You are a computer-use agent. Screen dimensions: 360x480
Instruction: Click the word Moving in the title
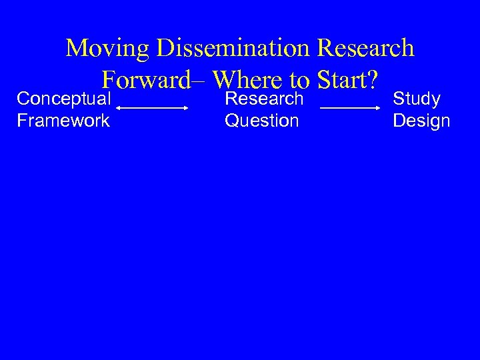pos(108,48)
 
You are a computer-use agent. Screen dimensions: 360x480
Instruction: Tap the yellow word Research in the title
pos(366,48)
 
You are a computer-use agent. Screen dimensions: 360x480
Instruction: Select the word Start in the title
pos(343,80)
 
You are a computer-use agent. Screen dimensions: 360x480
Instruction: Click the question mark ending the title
pos(374,80)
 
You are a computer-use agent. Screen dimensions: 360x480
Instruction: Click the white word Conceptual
pos(64,99)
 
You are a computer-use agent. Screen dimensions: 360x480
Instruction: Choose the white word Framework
pos(64,121)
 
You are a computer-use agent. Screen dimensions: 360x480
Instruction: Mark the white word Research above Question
pos(265,99)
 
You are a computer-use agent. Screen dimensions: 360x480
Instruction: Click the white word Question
pos(262,121)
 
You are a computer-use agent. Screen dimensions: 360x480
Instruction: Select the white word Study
pos(417,99)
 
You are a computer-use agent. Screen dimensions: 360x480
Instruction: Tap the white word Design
pos(421,121)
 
